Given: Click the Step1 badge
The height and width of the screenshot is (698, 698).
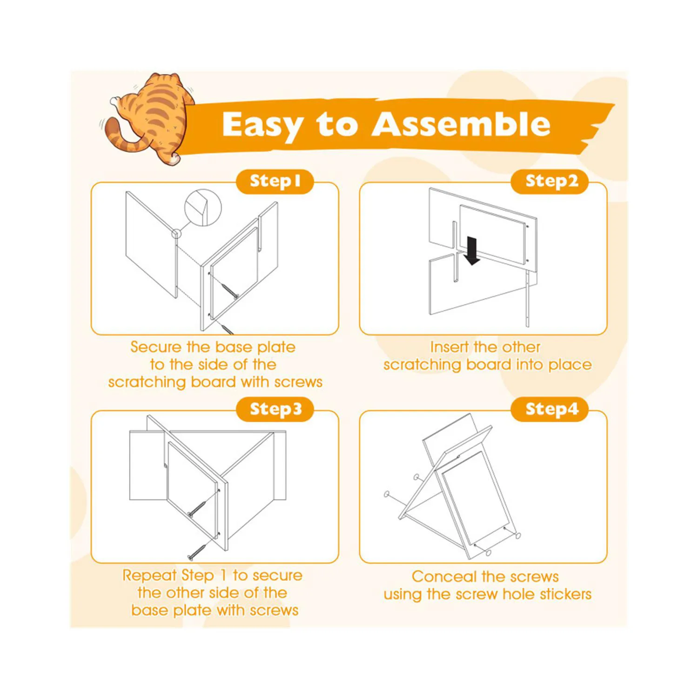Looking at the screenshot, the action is (275, 181).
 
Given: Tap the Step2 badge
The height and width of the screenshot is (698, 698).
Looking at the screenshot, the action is (550, 181).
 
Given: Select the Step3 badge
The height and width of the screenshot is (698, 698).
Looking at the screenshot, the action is (275, 409).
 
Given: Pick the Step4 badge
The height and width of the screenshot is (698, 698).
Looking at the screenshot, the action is (550, 409).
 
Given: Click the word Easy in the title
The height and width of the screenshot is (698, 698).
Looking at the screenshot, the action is (262, 126).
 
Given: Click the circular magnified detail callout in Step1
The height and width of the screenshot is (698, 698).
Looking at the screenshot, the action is (203, 208).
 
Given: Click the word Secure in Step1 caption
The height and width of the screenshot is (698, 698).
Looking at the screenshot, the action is (156, 347).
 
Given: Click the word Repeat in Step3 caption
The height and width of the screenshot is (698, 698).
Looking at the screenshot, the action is (149, 576).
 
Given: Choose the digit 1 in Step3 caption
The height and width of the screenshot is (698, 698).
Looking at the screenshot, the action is (223, 575).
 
